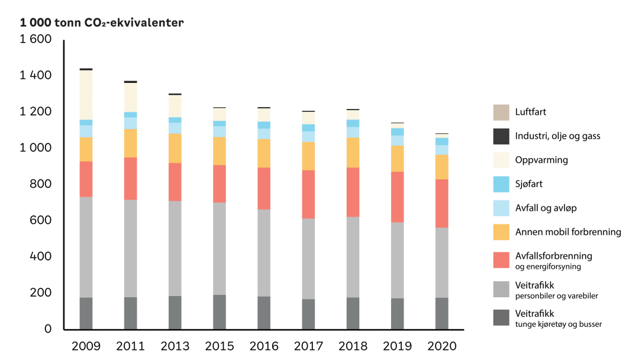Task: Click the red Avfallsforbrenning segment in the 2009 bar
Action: [x=86, y=179]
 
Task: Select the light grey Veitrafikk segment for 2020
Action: [x=442, y=262]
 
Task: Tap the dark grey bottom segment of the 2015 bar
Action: [x=220, y=312]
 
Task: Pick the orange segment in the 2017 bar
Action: [x=308, y=156]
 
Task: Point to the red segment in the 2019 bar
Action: [x=398, y=197]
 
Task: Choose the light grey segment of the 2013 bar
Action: [x=175, y=248]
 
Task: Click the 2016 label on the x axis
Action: [x=264, y=346]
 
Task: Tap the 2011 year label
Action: [x=131, y=346]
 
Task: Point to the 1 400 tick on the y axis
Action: [x=36, y=76]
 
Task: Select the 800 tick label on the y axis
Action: [x=41, y=184]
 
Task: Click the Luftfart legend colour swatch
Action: [x=501, y=112]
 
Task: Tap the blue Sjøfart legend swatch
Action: [x=501, y=184]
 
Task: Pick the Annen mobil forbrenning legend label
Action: [x=568, y=232]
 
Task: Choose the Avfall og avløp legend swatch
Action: [x=501, y=208]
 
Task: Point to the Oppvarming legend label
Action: [x=542, y=160]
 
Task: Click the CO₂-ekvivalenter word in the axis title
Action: [x=140, y=23]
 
